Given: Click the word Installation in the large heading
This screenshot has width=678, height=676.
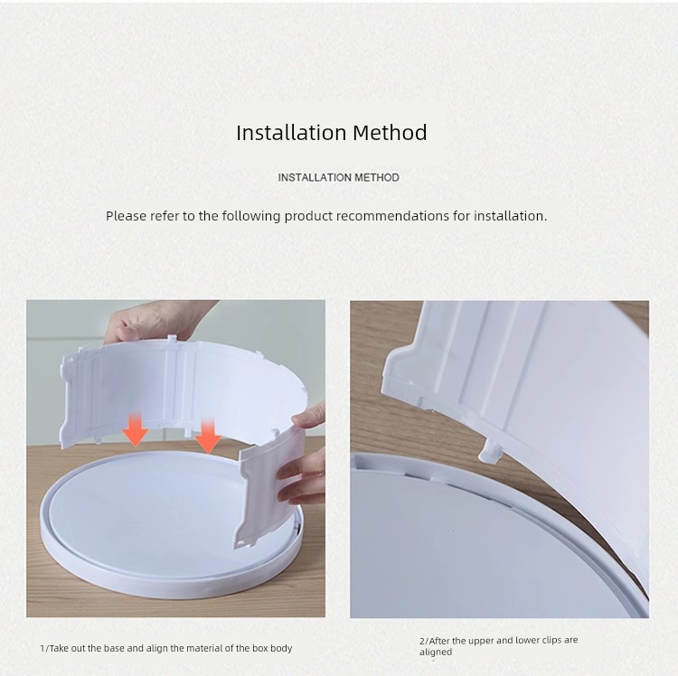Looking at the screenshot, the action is click(291, 132).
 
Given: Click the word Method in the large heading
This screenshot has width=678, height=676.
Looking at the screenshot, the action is click(390, 132).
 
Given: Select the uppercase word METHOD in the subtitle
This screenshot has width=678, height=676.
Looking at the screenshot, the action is click(377, 178).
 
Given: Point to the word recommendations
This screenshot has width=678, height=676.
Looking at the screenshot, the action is click(392, 216).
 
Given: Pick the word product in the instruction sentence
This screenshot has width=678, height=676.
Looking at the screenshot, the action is click(308, 217).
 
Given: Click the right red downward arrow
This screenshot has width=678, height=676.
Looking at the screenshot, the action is click(209, 436).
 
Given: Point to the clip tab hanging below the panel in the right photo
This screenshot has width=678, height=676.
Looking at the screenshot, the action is click(489, 451).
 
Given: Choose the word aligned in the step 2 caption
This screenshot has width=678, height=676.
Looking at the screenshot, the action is click(436, 653).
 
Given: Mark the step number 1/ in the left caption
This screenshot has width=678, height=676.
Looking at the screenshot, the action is click(44, 648).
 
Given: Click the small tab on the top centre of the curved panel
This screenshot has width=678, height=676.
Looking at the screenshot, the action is click(172, 338).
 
